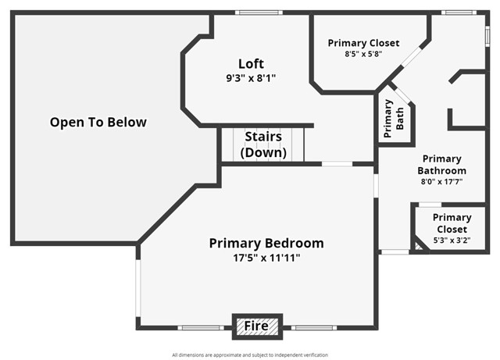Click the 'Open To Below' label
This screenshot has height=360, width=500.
[98, 123]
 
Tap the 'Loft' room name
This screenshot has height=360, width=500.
[251, 64]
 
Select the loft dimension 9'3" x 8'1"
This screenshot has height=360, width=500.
[251, 78]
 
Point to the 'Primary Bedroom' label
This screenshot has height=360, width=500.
[266, 243]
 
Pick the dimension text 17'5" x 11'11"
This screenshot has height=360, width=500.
[266, 258]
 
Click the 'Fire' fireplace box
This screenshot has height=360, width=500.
[257, 326]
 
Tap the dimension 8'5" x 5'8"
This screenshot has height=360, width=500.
[363, 55]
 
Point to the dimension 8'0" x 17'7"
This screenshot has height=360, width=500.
[441, 182]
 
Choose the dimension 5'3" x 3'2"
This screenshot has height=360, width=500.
[452, 241]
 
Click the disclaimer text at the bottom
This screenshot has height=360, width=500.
[250, 355]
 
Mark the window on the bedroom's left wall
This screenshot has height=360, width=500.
[137, 289]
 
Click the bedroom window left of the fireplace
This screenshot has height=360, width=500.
[202, 327]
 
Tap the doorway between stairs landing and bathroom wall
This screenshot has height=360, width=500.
[337, 164]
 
